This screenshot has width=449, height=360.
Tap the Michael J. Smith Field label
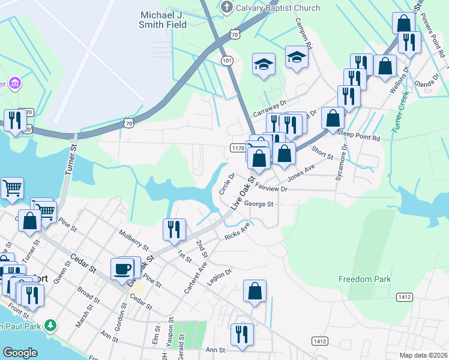(164, 19)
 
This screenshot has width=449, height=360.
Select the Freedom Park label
(364, 279)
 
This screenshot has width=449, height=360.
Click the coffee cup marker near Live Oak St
(122, 268)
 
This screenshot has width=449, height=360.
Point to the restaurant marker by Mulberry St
(173, 229)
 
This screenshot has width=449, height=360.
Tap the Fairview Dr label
(272, 188)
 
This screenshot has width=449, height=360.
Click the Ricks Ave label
(237, 233)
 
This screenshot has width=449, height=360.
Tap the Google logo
(20, 353)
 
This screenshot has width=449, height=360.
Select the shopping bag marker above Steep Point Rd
(333, 118)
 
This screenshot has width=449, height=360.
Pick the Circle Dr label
(226, 184)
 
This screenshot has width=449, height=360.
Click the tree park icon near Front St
(52, 326)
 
